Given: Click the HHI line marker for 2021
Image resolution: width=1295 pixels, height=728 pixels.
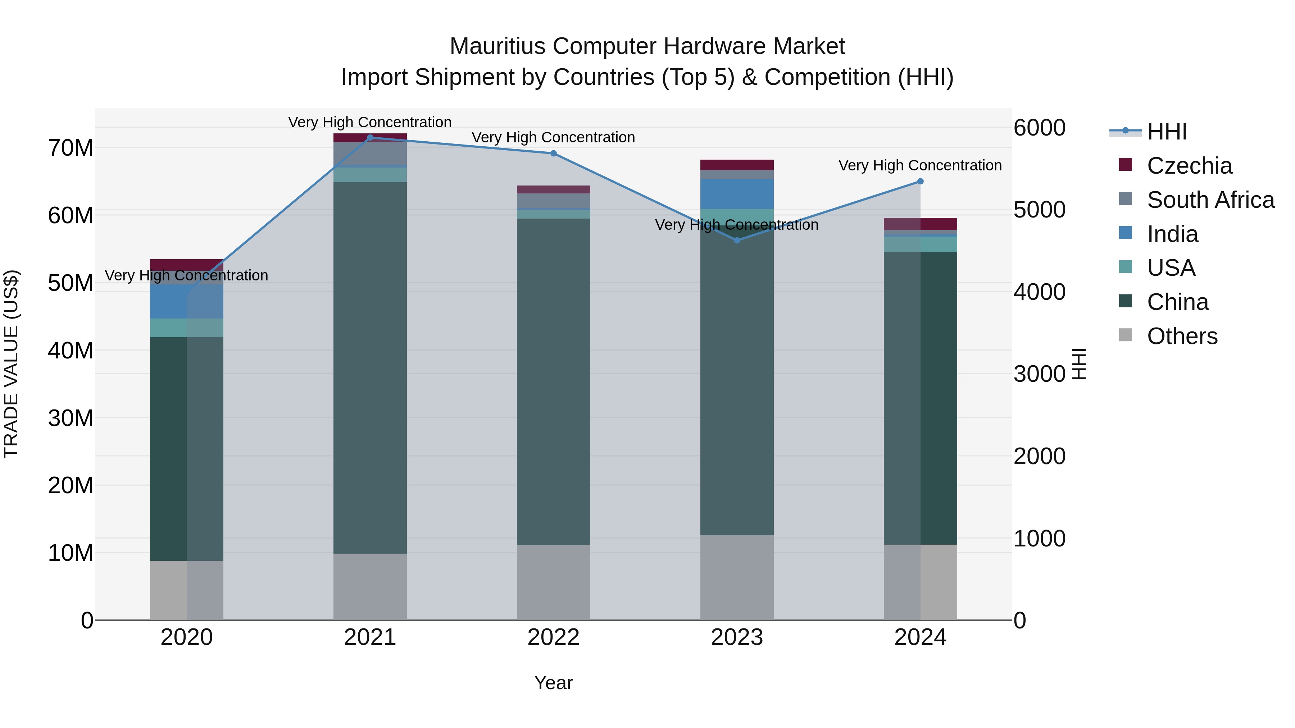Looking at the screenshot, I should point(370,138).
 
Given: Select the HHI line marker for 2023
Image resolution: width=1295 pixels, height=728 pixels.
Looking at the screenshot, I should point(737,241).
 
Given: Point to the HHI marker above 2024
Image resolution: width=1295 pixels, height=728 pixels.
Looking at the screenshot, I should point(921,182).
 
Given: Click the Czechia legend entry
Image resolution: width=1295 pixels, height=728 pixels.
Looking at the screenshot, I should point(1189,166).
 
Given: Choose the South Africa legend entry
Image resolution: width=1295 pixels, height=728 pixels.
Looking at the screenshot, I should point(1210,200).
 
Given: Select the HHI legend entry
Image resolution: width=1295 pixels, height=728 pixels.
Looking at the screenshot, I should point(1166,132).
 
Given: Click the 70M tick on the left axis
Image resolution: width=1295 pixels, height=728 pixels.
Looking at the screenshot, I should point(71,148).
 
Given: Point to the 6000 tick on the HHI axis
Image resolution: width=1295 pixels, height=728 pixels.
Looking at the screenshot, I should point(1039,128).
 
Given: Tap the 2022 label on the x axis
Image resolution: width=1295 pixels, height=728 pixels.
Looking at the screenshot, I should point(554,637).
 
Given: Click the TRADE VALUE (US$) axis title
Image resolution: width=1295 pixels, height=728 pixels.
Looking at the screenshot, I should point(11,364).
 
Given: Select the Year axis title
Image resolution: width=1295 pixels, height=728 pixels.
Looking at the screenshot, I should point(554,683).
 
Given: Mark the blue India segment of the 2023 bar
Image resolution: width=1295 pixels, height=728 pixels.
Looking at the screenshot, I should point(737,194).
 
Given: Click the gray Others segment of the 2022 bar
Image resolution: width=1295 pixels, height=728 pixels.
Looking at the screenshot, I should point(554,582).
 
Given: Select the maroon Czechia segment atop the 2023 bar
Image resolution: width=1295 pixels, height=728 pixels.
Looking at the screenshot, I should point(737,165).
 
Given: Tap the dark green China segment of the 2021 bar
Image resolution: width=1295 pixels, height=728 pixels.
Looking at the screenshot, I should point(370,367).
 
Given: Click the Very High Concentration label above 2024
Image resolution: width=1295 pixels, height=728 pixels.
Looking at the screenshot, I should point(920,165).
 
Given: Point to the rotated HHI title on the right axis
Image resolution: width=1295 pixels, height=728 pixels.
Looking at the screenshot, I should point(1079,364).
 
